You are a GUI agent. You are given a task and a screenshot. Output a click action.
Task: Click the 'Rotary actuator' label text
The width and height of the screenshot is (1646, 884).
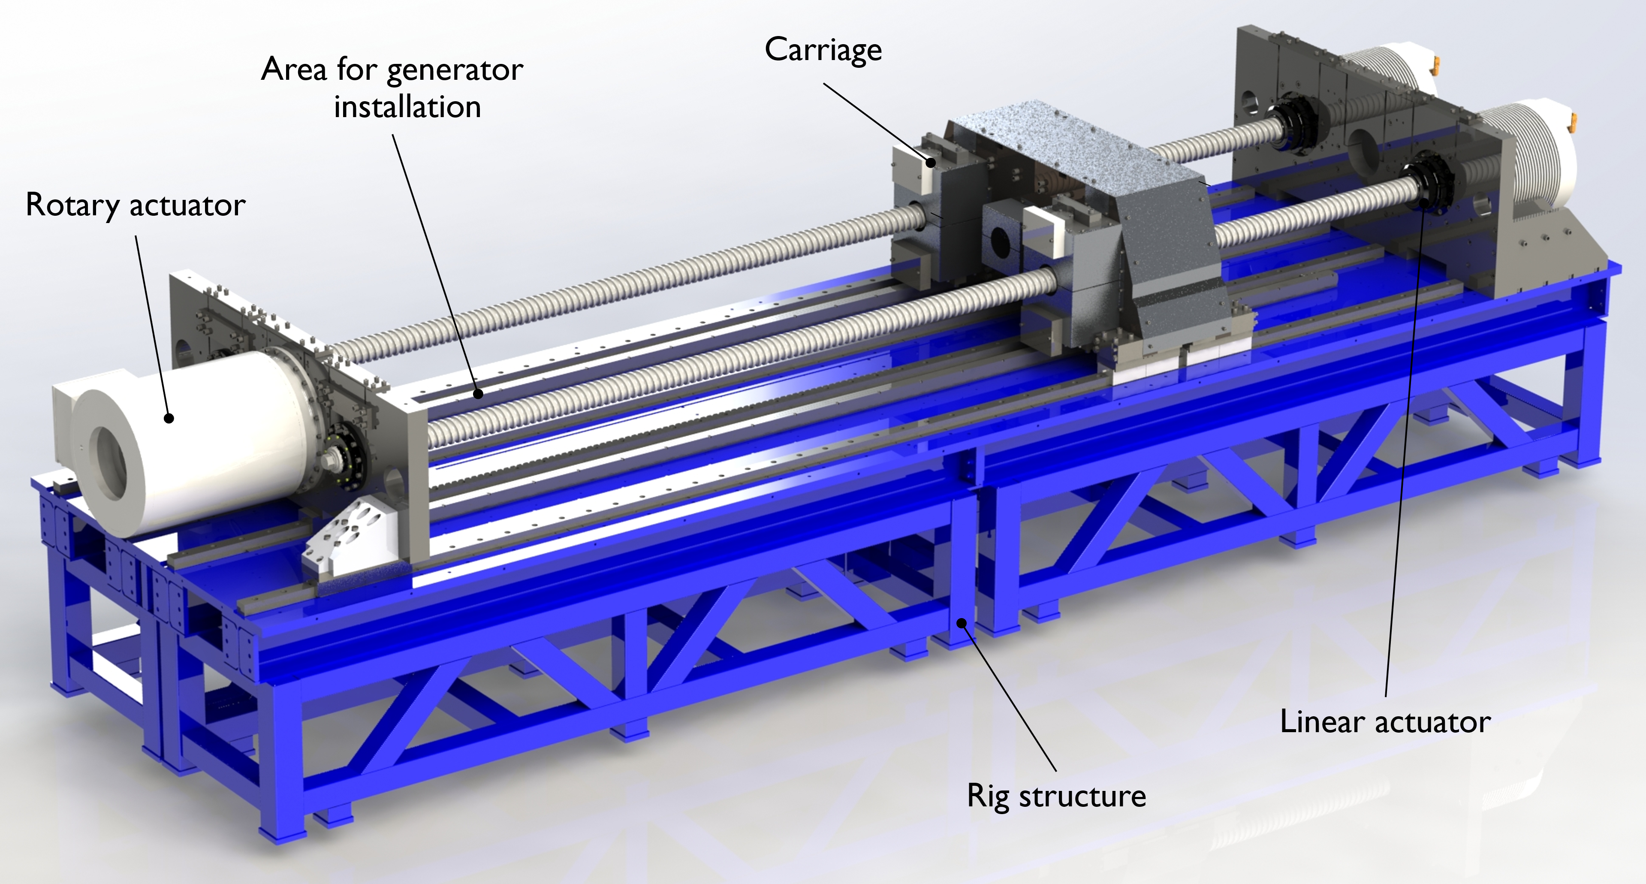point(136,205)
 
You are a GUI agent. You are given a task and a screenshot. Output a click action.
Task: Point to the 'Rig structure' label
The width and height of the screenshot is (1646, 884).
point(1056,797)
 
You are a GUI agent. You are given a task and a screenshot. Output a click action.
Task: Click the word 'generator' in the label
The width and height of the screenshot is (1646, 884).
point(455,71)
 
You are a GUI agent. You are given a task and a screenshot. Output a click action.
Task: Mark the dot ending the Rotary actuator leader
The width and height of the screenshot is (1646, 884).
point(169,419)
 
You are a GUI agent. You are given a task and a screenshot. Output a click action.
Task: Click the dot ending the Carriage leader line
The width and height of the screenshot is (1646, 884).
point(931,163)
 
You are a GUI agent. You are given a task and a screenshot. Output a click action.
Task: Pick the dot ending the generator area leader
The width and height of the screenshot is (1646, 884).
point(478,394)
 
